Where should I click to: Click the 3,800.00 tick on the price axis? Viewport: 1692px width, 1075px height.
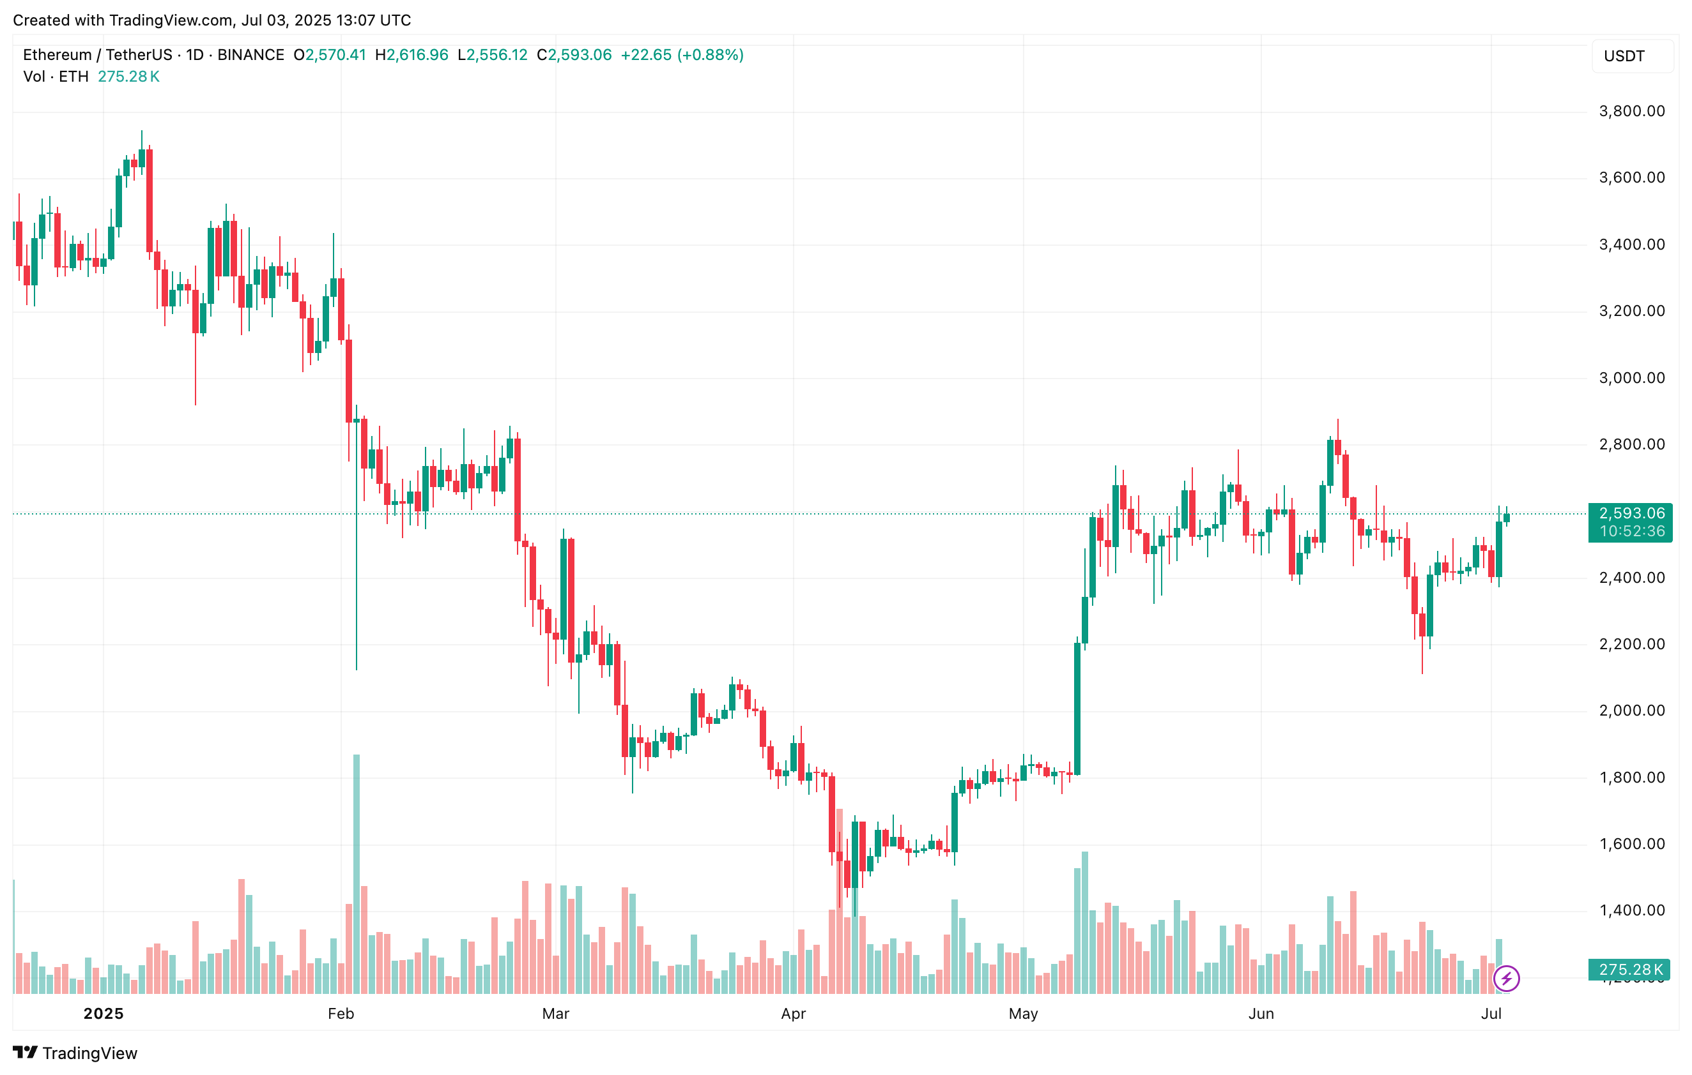click(1631, 111)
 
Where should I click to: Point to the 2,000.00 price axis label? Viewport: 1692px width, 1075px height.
click(1631, 710)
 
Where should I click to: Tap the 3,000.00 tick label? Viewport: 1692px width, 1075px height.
click(1631, 378)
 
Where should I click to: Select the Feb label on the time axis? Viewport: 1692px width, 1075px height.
click(341, 1013)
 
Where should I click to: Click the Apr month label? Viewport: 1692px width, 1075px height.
click(794, 1013)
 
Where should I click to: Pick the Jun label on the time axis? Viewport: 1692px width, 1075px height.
click(1261, 1013)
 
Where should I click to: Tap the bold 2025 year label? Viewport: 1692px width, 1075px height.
click(104, 1013)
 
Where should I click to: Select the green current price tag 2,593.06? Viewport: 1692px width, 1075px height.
click(1631, 513)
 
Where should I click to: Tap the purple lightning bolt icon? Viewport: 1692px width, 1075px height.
click(1507, 978)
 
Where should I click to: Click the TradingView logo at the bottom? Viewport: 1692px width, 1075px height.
click(75, 1053)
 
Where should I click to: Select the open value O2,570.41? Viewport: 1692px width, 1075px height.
click(330, 55)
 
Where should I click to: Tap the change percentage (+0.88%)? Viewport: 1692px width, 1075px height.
click(710, 55)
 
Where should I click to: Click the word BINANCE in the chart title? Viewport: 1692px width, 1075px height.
click(251, 55)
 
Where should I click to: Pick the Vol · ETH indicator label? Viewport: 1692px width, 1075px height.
click(56, 77)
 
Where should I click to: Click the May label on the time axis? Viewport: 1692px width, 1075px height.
click(1023, 1013)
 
